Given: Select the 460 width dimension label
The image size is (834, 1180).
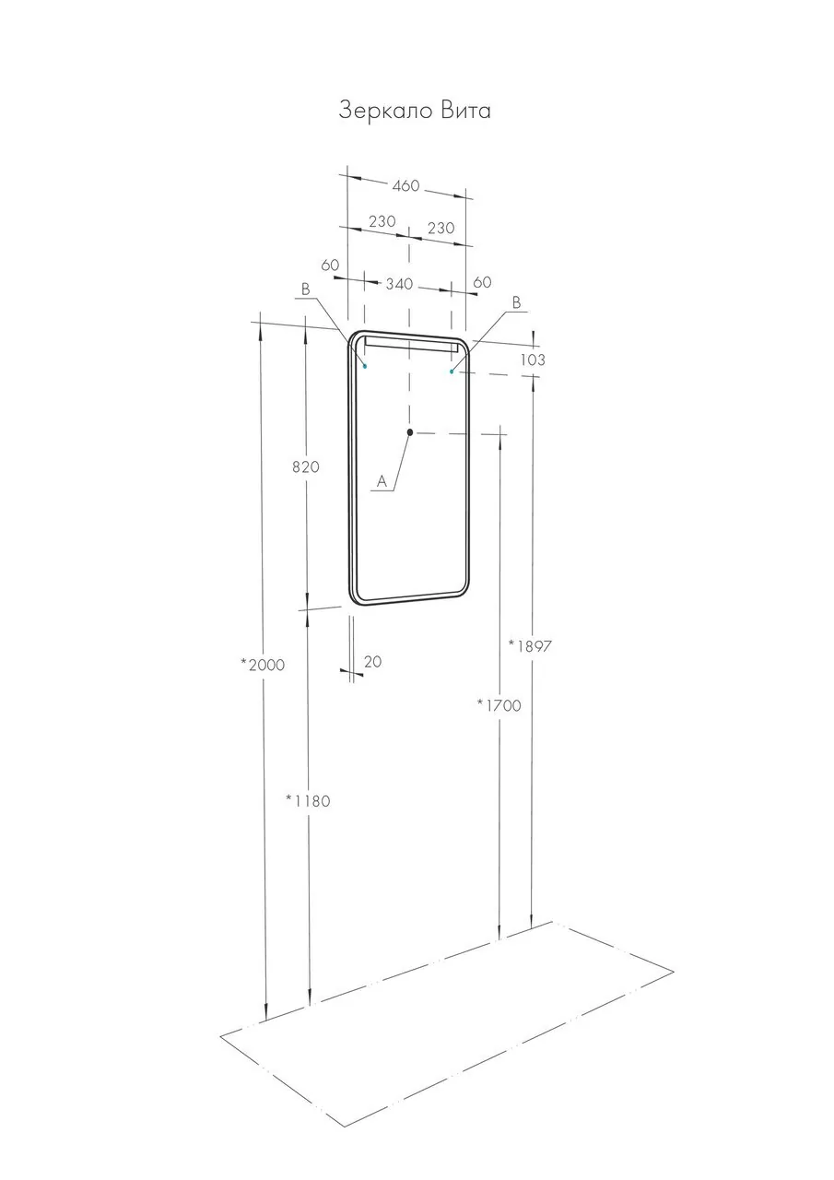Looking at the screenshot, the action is (406, 185).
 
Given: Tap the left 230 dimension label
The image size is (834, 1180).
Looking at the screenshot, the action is (382, 221).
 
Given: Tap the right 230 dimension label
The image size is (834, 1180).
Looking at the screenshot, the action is (440, 228).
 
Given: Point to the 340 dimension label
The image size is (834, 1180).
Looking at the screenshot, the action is (400, 285).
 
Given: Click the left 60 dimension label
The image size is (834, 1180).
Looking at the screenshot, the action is (330, 265).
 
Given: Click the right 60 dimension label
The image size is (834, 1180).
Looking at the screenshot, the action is (482, 282).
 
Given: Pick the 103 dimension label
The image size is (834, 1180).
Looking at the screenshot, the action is (533, 360).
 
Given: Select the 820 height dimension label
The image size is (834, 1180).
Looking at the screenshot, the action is (306, 466).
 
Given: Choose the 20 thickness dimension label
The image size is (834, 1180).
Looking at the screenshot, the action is (373, 662).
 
